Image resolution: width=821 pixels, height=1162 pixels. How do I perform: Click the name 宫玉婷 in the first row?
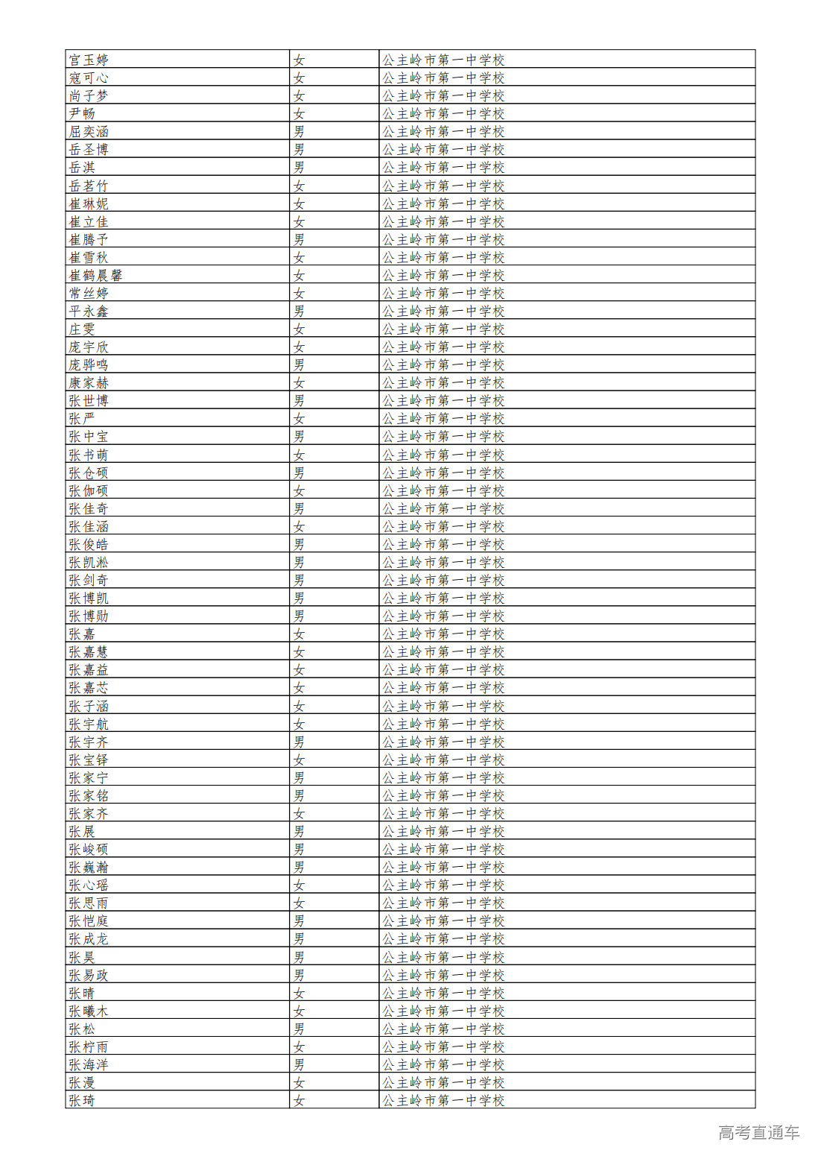(89, 60)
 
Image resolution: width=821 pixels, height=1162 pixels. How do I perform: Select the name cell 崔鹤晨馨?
(95, 275)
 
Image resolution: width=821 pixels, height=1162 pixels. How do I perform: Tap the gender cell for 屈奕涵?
(299, 131)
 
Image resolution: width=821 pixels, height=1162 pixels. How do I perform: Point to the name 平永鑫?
(89, 311)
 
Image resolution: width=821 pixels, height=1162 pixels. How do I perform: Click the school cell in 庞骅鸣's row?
(443, 364)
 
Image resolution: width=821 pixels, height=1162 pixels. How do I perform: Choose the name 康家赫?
(89, 382)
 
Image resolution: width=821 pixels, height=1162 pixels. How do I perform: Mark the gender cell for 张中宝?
(299, 436)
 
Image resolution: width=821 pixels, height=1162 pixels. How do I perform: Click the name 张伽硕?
(89, 490)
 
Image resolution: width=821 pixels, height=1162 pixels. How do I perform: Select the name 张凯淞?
(89, 562)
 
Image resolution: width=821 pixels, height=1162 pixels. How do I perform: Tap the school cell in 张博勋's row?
(443, 616)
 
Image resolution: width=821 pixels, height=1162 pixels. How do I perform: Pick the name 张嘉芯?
(89, 687)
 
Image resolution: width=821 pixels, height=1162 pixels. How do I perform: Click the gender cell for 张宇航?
(299, 724)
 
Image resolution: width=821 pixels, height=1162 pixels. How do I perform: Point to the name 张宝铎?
(89, 760)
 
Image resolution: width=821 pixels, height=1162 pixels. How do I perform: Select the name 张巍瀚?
(89, 867)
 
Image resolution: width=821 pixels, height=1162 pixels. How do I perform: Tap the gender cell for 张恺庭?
(299, 921)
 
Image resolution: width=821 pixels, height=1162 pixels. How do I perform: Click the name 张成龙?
(89, 938)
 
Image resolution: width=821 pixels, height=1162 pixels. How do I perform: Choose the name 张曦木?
(89, 1011)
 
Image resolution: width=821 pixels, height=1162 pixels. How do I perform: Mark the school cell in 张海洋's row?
(443, 1064)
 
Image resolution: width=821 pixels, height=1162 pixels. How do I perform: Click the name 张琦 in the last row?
(82, 1100)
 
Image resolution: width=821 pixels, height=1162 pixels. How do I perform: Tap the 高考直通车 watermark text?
(758, 1132)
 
